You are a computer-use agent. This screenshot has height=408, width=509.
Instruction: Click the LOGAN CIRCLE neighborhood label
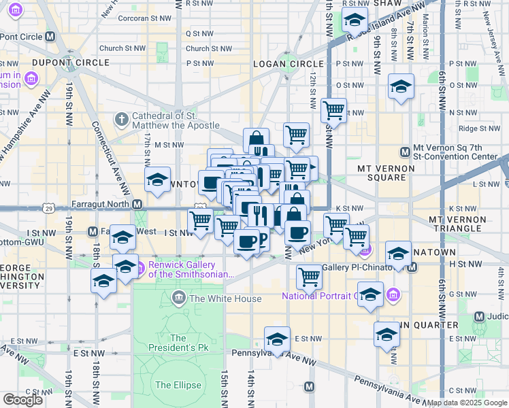pyautogui.click(x=282, y=63)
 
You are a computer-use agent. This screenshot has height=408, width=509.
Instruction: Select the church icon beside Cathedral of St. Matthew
pyautogui.click(x=122, y=120)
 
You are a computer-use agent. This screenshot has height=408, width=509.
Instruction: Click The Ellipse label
pyautogui.click(x=178, y=385)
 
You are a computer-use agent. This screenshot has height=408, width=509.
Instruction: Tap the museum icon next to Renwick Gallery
pyautogui.click(x=141, y=269)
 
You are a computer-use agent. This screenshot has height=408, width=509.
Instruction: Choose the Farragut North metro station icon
pyautogui.click(x=137, y=204)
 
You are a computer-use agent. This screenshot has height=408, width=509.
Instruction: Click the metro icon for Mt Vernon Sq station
pyautogui.click(x=405, y=151)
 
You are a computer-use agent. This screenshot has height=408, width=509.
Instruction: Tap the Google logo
pyautogui.click(x=22, y=400)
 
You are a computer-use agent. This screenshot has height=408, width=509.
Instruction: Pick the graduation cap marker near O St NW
pyautogui.click(x=401, y=86)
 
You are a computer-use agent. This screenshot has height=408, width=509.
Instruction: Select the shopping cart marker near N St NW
pyautogui.click(x=333, y=109)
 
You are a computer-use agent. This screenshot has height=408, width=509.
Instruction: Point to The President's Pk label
pyautogui.click(x=178, y=343)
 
